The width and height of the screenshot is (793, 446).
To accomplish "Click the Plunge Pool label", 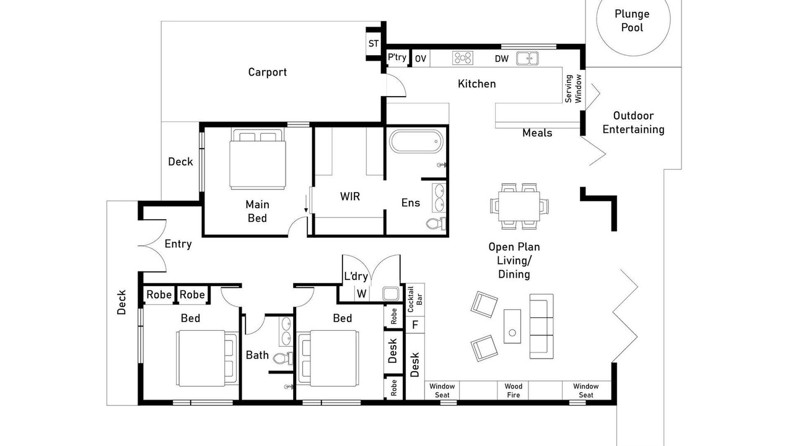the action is (x=632, y=20).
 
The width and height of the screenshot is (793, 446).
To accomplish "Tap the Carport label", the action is (x=267, y=72).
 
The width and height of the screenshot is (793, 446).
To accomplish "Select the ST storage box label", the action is (x=374, y=43).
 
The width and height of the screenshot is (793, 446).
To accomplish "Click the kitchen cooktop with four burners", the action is (x=463, y=58).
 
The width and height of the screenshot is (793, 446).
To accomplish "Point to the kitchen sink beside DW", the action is (x=527, y=58).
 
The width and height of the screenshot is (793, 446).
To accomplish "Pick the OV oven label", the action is (x=421, y=59).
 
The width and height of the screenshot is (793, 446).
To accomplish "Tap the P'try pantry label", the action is (x=397, y=57).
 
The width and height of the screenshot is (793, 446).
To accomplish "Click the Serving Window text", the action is (x=573, y=89).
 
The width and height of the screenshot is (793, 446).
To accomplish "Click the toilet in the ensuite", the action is (x=436, y=224).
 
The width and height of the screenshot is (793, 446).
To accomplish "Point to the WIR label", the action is (x=350, y=196).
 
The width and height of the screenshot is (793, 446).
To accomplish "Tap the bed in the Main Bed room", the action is (x=257, y=159).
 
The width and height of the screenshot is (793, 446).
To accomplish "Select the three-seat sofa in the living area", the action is (x=541, y=326).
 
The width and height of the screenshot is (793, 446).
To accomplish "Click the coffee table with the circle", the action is (x=512, y=326).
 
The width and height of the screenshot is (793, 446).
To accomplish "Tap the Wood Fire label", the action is (x=514, y=390).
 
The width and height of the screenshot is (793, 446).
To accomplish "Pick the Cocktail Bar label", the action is (x=415, y=299).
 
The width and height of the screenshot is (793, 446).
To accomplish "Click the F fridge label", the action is (x=415, y=325).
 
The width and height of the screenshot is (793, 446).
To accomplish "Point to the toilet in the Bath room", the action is (x=283, y=359).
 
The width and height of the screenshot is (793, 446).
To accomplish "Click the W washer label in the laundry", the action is (x=361, y=294).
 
